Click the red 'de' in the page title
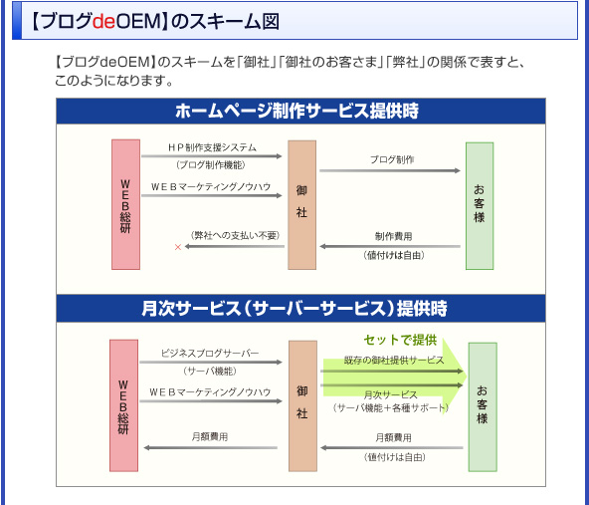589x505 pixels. (x=104, y=22)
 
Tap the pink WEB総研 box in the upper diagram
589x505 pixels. (x=125, y=204)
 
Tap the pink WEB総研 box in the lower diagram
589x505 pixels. (x=124, y=405)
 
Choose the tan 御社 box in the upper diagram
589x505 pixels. (x=302, y=205)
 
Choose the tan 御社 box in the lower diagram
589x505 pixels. (x=302, y=406)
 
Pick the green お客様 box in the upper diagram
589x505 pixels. (x=480, y=205)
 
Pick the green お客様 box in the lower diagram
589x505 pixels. (x=483, y=406)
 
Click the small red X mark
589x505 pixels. (x=178, y=247)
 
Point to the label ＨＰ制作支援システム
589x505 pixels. (x=212, y=147)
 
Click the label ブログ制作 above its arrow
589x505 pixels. (x=392, y=159)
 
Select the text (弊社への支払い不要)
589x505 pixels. (x=236, y=235)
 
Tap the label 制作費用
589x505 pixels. (x=394, y=236)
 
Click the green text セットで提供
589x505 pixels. (x=400, y=340)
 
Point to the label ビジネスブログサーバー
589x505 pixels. (x=210, y=354)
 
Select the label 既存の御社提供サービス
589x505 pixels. (x=394, y=361)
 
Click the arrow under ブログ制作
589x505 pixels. (x=390, y=170)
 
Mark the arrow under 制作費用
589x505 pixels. (x=390, y=247)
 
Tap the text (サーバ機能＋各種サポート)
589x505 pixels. (x=391, y=408)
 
